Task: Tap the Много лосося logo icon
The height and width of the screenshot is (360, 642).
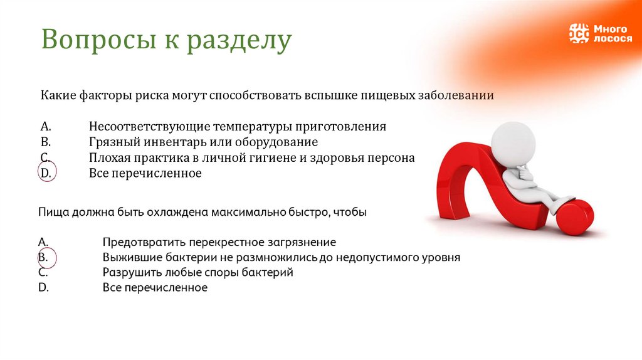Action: [x=579, y=33]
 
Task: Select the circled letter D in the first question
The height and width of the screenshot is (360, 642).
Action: [x=45, y=173]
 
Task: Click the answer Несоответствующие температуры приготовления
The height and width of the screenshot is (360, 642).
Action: [x=237, y=126]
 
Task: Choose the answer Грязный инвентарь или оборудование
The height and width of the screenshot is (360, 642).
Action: [x=203, y=142]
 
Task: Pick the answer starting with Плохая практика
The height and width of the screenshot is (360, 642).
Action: [x=251, y=157]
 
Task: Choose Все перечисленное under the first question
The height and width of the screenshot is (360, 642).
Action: [x=145, y=173]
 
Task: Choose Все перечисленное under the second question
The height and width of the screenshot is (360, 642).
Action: [x=155, y=288]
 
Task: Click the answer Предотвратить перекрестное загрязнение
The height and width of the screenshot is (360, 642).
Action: [x=219, y=242]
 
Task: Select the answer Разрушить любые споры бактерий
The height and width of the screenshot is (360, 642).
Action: [x=197, y=273]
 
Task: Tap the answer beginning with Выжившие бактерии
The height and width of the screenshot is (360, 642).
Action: [x=282, y=257]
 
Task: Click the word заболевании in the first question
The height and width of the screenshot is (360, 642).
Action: [x=456, y=96]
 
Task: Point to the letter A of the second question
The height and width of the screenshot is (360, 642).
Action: [x=43, y=242]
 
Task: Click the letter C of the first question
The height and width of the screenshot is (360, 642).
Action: [x=45, y=157]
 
